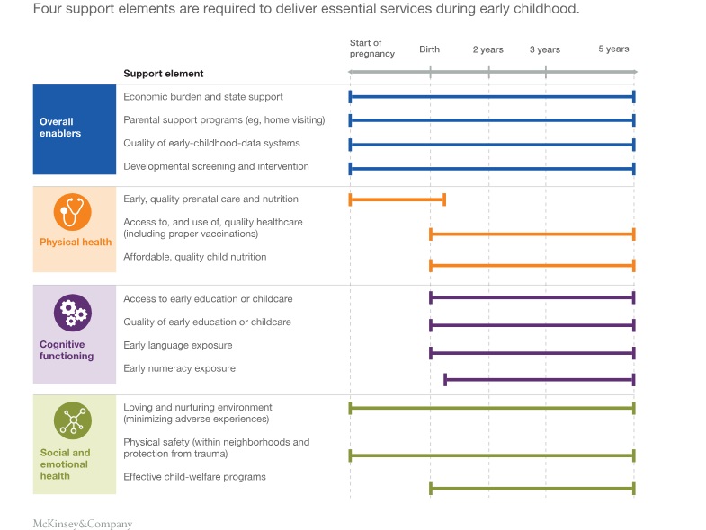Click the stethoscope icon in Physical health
coord(72,212)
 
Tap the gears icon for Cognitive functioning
coord(72,313)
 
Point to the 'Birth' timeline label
coord(429,49)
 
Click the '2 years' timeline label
coord(488,49)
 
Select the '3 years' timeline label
coord(544,49)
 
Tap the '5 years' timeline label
coord(613,49)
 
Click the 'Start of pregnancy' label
coord(371,49)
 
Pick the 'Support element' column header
coord(163,74)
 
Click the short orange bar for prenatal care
coord(397,199)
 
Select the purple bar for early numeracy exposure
coord(540,380)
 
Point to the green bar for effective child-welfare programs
coord(532,489)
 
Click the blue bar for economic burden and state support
coord(491,97)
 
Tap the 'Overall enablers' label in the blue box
coord(60,128)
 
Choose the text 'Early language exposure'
coord(177,345)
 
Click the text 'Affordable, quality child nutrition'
coord(194,257)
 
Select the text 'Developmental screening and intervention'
coord(216,166)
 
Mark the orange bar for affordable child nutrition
coord(532,265)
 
